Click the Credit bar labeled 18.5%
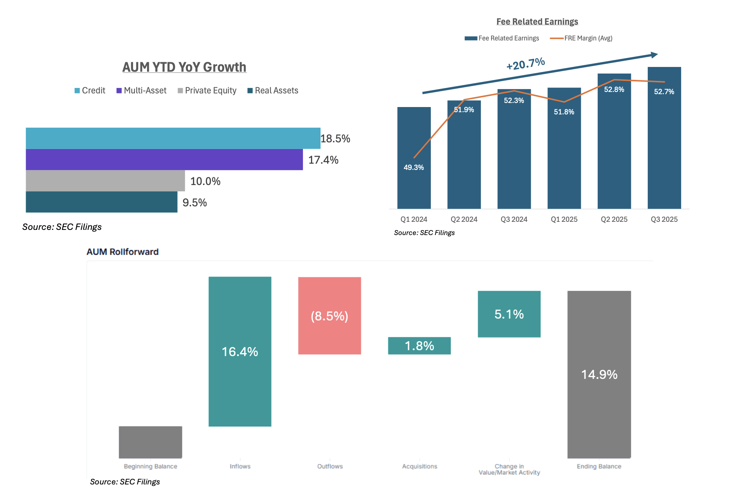[173, 138]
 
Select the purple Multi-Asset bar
[164, 160]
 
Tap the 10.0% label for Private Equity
[205, 181]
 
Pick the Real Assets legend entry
[273, 90]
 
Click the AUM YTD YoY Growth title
[184, 67]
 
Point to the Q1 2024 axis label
[414, 219]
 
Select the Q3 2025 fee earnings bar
[664, 147]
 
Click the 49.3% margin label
[414, 167]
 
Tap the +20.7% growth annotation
[525, 64]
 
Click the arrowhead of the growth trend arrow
[654, 55]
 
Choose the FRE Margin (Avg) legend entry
[581, 38]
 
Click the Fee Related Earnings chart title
[537, 22]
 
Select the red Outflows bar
[329, 316]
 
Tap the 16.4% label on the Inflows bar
[240, 352]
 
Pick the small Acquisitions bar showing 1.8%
[419, 346]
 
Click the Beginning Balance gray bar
[150, 442]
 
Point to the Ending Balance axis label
[599, 466]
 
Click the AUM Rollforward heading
[122, 252]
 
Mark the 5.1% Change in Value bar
[509, 314]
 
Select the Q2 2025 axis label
[614, 219]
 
